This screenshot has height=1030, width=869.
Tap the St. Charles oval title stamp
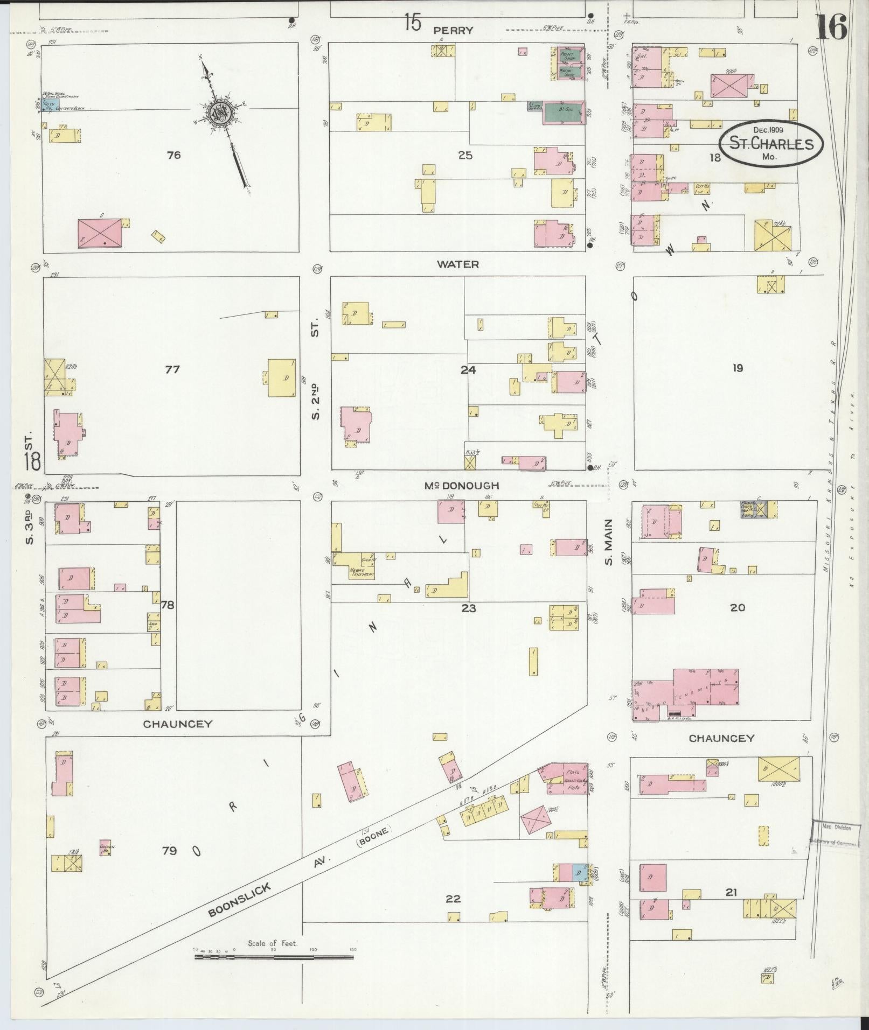click(x=771, y=143)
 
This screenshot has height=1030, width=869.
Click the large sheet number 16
click(x=831, y=26)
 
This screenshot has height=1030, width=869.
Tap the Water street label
click(x=458, y=264)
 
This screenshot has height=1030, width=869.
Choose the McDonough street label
click(x=462, y=486)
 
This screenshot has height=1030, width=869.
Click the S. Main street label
click(x=609, y=542)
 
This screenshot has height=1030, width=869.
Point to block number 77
click(x=172, y=369)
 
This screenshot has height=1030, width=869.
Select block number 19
click(x=738, y=368)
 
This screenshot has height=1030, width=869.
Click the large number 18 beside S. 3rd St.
click(x=32, y=461)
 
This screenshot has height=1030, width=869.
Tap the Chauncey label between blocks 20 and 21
click(x=721, y=738)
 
